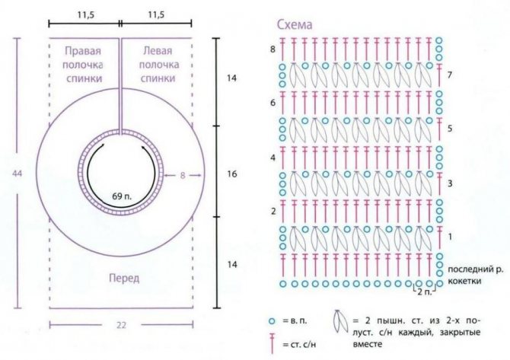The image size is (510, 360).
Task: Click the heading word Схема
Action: [295, 24]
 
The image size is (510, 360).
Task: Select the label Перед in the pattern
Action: [124, 278]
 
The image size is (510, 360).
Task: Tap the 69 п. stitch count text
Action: [122, 196]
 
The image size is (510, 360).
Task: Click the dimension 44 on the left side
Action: [18, 174]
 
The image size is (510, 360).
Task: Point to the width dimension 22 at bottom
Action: [121, 325]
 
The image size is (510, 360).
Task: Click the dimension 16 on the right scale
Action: [232, 174]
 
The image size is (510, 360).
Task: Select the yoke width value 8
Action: [183, 175]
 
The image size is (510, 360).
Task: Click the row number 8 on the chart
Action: [273, 49]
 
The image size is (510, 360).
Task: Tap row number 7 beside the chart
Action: [450, 75]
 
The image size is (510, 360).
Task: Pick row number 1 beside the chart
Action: [450, 237]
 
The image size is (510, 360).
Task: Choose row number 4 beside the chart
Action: [273, 158]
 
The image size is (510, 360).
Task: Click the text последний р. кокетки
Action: [475, 275]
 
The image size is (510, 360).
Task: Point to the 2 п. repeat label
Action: [425, 292]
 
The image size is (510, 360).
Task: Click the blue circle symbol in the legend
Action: [272, 321]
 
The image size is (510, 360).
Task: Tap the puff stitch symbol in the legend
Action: [339, 322]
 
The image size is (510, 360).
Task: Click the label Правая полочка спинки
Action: [83, 65]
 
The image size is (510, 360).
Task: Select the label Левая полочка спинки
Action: [158, 65]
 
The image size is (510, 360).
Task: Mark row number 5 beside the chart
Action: [450, 129]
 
